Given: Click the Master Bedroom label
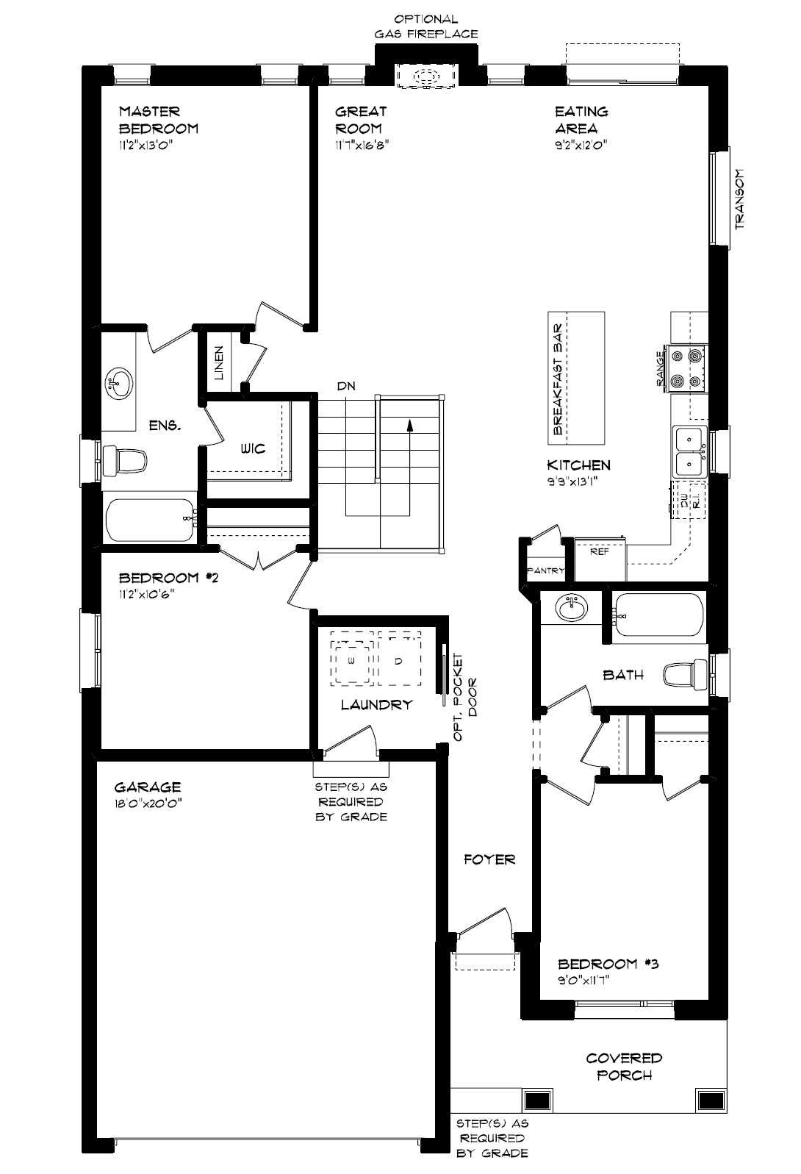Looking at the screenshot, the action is (159, 120).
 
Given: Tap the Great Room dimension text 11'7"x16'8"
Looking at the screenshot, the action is (362, 145).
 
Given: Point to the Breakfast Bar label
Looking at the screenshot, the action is (558, 379).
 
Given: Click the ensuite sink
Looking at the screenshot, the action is (119, 383).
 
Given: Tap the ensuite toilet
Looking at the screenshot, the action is (124, 461).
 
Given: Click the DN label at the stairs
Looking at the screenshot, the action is (346, 386).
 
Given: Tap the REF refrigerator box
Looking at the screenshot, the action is (600, 559).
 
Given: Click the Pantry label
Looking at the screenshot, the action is (545, 570).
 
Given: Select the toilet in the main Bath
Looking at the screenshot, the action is (686, 674).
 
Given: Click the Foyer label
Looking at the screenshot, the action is (490, 859).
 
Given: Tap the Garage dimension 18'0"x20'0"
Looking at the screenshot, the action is (148, 803).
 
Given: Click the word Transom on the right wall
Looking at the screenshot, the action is (739, 199).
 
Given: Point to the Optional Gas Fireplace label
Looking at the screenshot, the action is (426, 26).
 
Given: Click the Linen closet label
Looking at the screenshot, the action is (219, 362).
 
